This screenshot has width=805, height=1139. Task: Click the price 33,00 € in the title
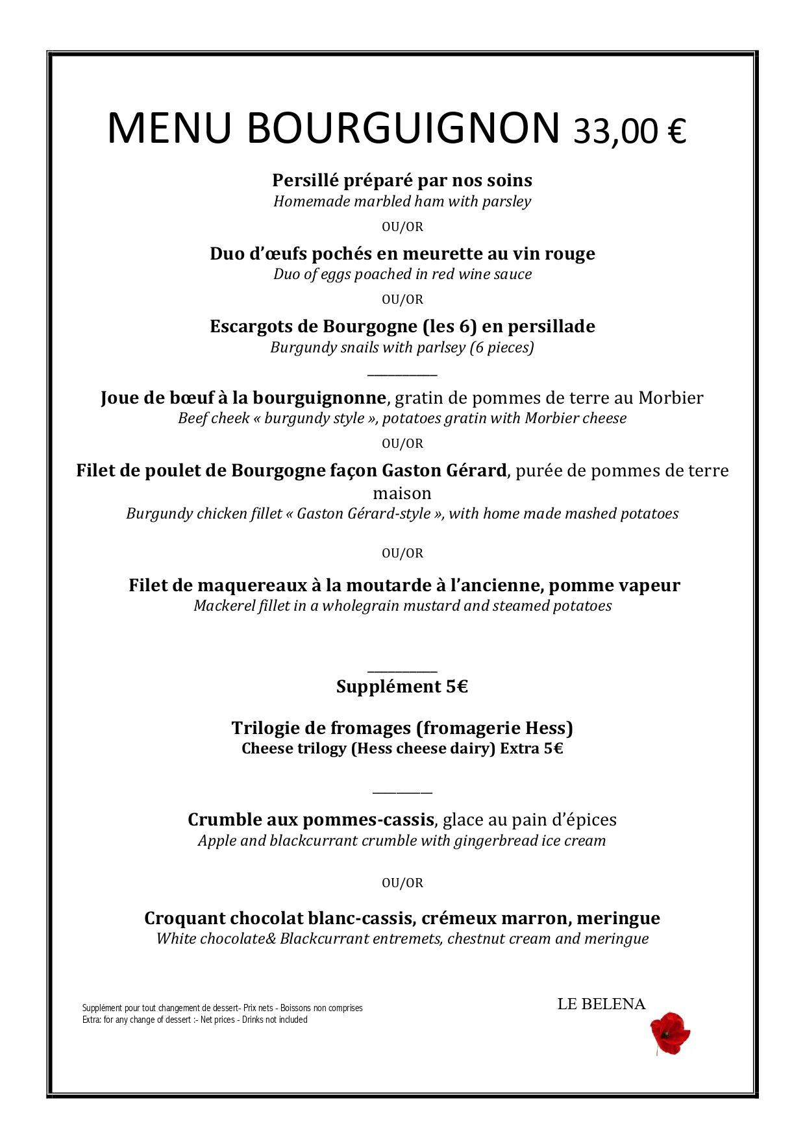629,131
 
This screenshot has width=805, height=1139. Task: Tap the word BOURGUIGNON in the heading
403,128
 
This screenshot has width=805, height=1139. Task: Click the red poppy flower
669,1033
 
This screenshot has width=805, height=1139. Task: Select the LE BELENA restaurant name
601,1004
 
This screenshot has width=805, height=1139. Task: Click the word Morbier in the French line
671,398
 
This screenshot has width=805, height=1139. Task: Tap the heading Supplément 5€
402,687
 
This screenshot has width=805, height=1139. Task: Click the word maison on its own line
402,493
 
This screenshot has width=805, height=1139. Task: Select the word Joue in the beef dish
119,398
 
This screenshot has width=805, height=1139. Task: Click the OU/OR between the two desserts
402,883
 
